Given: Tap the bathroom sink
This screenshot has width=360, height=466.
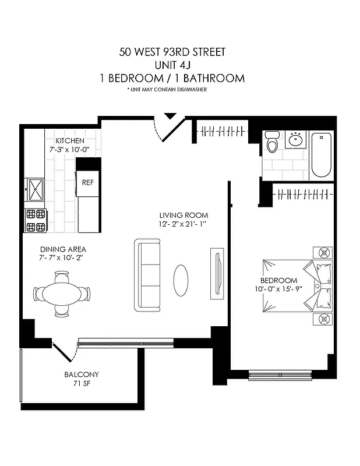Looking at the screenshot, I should tap(296, 140).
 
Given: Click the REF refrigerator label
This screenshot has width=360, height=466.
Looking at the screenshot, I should tap(87, 182).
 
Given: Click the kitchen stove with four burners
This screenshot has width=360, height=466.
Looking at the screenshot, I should tap(34, 221).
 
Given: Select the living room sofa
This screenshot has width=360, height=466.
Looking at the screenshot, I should tap(147, 274).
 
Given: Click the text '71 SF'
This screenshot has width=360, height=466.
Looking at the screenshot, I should tap(81, 384).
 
